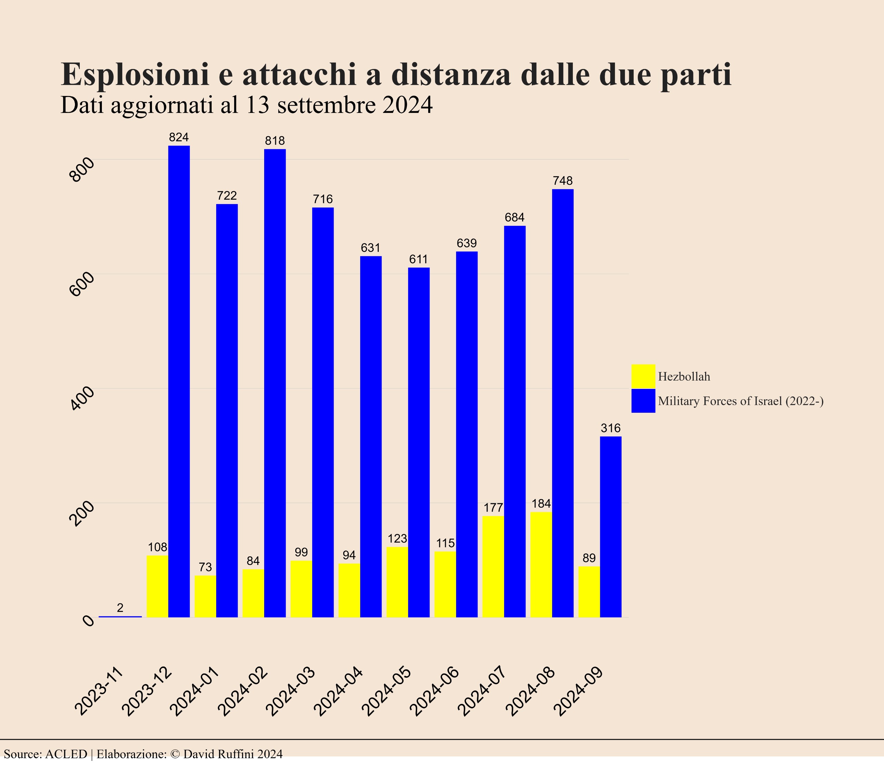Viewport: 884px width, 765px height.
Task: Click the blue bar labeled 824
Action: [x=179, y=381]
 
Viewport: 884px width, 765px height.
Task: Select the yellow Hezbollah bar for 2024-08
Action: [x=541, y=564]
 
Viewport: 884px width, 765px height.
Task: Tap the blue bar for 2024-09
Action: [x=611, y=526]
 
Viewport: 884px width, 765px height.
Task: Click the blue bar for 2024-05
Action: [x=419, y=442]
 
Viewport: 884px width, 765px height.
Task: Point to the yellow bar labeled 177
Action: [x=493, y=566]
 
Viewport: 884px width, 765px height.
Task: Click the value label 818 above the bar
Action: [x=275, y=141]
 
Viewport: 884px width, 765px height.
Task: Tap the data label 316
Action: [x=611, y=428]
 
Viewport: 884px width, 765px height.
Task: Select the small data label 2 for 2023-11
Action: [x=121, y=608]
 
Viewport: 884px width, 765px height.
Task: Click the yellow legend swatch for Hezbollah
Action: [x=643, y=376]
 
